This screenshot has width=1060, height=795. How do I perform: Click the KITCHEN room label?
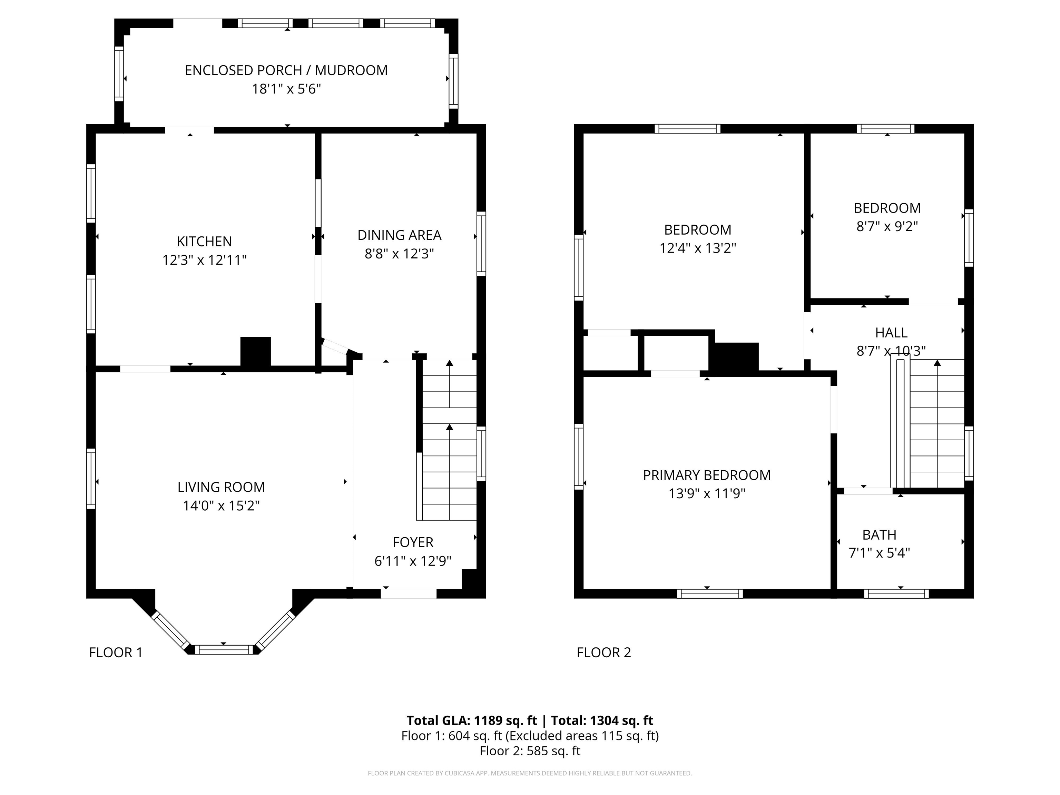pyautogui.click(x=204, y=241)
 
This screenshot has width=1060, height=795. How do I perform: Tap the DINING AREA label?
pyautogui.click(x=399, y=235)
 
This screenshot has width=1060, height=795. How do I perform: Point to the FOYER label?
pyautogui.click(x=413, y=542)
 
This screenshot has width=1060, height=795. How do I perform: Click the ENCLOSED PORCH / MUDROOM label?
pyautogui.click(x=286, y=70)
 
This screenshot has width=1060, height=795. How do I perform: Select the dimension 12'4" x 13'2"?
pyautogui.click(x=698, y=248)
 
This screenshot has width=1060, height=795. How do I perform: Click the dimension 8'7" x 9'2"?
pyautogui.click(x=887, y=226)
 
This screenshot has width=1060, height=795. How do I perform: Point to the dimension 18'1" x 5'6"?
pyautogui.click(x=286, y=89)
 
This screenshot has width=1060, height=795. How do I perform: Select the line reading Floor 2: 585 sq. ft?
pyautogui.click(x=530, y=750)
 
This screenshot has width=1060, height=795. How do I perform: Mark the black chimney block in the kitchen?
pyautogui.click(x=255, y=352)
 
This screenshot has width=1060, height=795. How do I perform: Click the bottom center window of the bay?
pyautogui.click(x=223, y=649)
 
